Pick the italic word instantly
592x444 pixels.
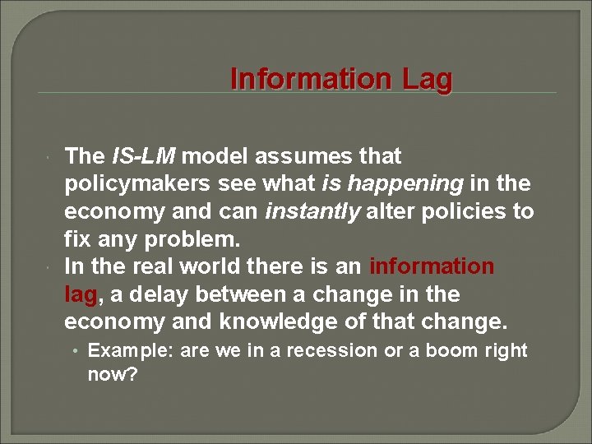[313, 212]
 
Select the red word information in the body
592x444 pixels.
[432, 267]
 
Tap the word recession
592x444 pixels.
[335, 351]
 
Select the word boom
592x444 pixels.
[454, 351]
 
